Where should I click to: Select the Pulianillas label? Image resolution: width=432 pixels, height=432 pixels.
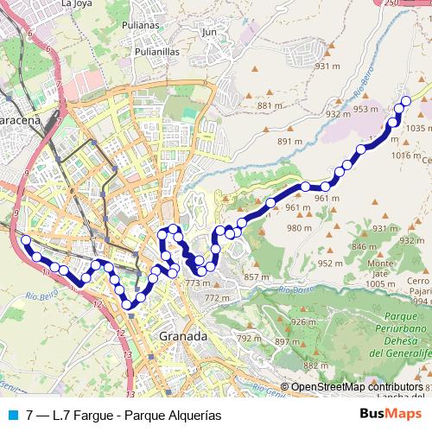tap(156, 51)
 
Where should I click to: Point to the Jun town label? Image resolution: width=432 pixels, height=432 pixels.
tap(208, 32)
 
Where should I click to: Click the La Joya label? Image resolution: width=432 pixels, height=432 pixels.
tap(78, 3)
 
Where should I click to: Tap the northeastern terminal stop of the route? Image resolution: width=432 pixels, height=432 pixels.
tap(406, 102)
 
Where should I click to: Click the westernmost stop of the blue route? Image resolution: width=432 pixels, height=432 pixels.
tap(26, 240)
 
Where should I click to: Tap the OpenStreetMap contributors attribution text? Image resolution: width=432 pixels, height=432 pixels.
tap(356, 388)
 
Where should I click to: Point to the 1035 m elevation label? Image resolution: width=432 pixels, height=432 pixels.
tap(416, 128)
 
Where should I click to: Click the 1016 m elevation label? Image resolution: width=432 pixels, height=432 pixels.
tap(404, 155)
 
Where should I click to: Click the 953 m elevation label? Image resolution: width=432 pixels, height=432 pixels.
tap(366, 110)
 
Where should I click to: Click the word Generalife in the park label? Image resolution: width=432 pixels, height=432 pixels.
tap(408, 355)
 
